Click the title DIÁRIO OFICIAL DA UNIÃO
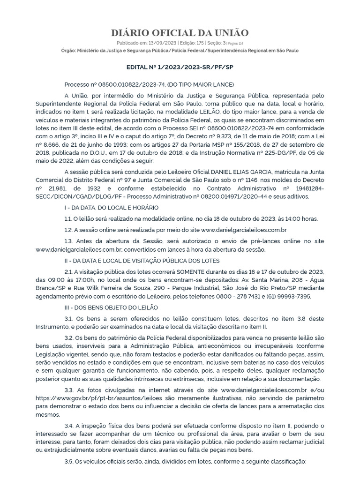(x=180, y=32)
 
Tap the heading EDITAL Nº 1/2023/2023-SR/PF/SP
(x=180, y=67)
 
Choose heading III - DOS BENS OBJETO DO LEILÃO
(x=112, y=307)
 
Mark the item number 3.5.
(x=69, y=461)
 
